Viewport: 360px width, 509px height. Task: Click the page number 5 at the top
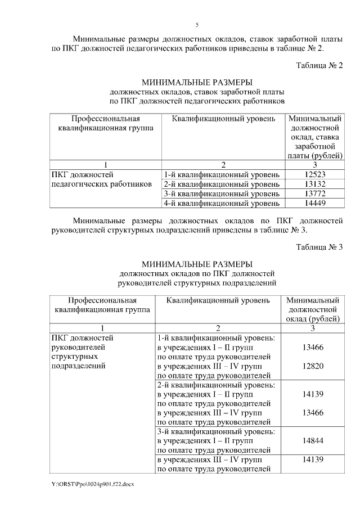tap(197, 25)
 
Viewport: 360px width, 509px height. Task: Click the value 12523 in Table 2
tap(315, 174)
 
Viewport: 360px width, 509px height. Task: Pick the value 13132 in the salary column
tap(315, 184)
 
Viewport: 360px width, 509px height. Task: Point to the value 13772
tap(315, 193)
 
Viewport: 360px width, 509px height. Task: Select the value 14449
tap(315, 203)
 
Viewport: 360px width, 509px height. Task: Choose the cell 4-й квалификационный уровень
tap(221, 203)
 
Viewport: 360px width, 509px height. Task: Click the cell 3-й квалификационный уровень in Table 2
tap(221, 193)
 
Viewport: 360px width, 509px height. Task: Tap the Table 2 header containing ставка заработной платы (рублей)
tap(315, 137)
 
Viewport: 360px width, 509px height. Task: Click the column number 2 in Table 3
tap(217, 328)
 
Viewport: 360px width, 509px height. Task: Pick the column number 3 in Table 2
tap(315, 165)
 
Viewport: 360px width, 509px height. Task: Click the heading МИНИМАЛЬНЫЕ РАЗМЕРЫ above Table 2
tap(197, 82)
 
